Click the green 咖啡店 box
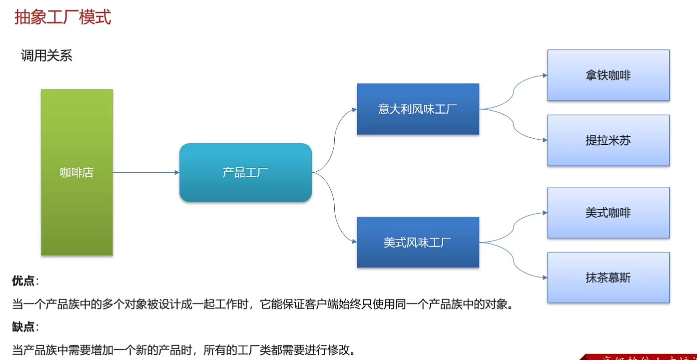click(x=77, y=172)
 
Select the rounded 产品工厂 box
click(x=245, y=172)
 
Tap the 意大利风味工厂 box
click(x=418, y=109)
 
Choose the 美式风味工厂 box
click(x=418, y=242)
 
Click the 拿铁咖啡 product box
click(x=608, y=75)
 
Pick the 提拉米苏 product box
click(x=608, y=141)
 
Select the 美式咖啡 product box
click(x=608, y=212)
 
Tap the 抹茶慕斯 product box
click(x=608, y=277)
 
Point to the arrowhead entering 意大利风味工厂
click(x=354, y=109)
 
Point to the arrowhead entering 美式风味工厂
click(x=354, y=242)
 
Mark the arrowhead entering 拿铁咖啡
click(x=545, y=75)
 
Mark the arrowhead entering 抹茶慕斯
click(x=545, y=277)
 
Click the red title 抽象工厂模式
click(x=63, y=17)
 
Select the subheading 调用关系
click(x=46, y=56)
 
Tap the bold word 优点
click(x=24, y=281)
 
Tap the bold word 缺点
click(x=24, y=327)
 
